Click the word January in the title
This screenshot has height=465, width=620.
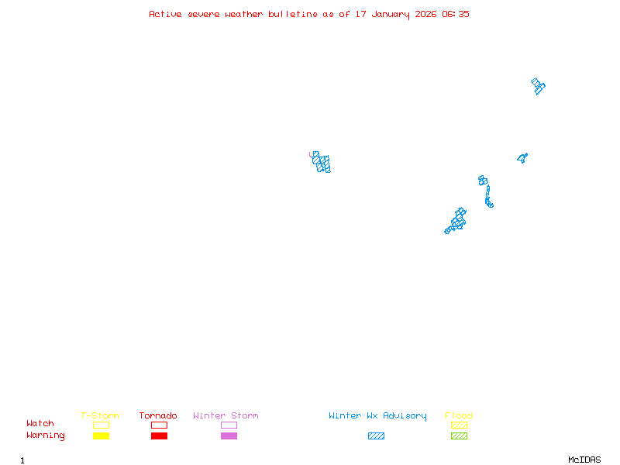tap(393, 14)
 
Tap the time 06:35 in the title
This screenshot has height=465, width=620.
tap(456, 14)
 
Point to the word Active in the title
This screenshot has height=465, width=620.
tap(166, 14)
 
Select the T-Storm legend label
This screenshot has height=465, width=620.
tap(100, 416)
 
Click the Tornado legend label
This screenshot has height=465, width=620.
tap(158, 416)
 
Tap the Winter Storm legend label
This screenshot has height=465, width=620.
tap(226, 416)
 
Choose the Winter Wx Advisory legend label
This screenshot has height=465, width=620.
tap(377, 416)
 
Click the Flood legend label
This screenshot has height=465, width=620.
tap(459, 416)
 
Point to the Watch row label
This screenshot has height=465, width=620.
tap(40, 424)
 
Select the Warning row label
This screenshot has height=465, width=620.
tap(46, 436)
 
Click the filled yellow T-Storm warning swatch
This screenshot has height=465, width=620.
tap(101, 436)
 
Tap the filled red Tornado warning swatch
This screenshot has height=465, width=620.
tap(159, 436)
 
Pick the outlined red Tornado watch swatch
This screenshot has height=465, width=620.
tap(159, 425)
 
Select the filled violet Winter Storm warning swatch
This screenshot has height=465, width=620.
tap(229, 436)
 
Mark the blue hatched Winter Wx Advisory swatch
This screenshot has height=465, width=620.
tap(376, 436)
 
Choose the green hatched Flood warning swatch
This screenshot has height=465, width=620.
tap(459, 436)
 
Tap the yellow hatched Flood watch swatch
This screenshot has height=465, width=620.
tap(459, 425)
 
